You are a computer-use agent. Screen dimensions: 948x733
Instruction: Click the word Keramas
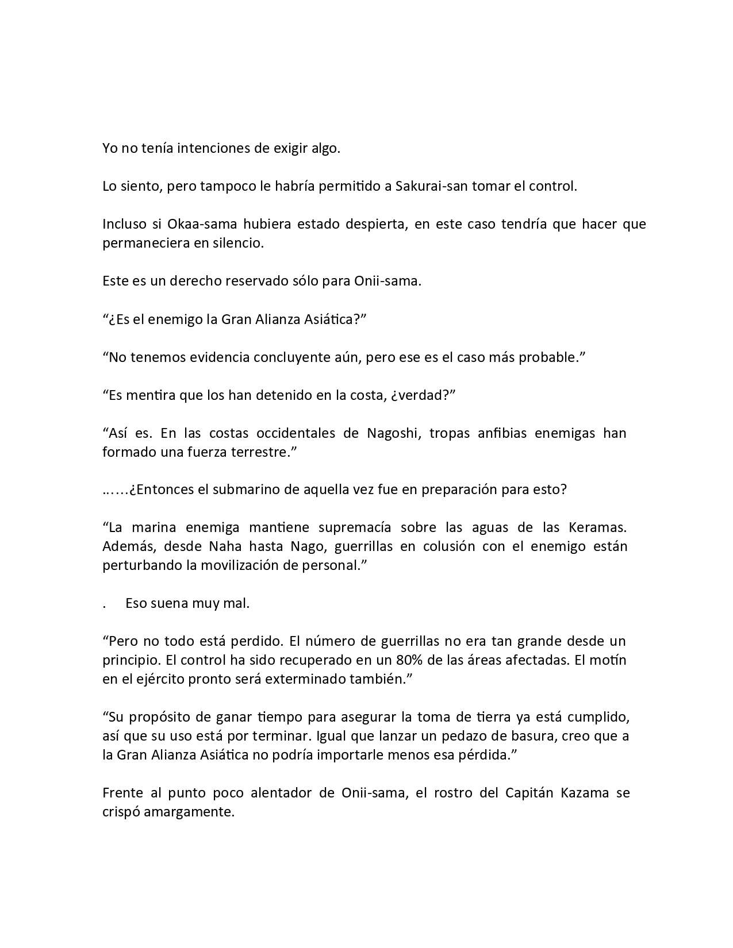click(597, 527)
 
